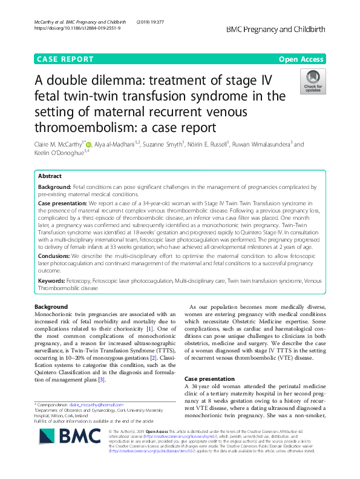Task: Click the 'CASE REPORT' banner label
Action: click(65, 59)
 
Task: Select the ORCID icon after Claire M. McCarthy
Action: click(89, 145)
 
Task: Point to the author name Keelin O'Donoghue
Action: click(59, 154)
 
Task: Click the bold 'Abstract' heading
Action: click(50, 176)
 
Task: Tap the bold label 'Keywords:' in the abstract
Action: click(53, 282)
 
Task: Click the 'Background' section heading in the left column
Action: click(51, 307)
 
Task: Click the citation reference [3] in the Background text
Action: click(102, 380)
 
